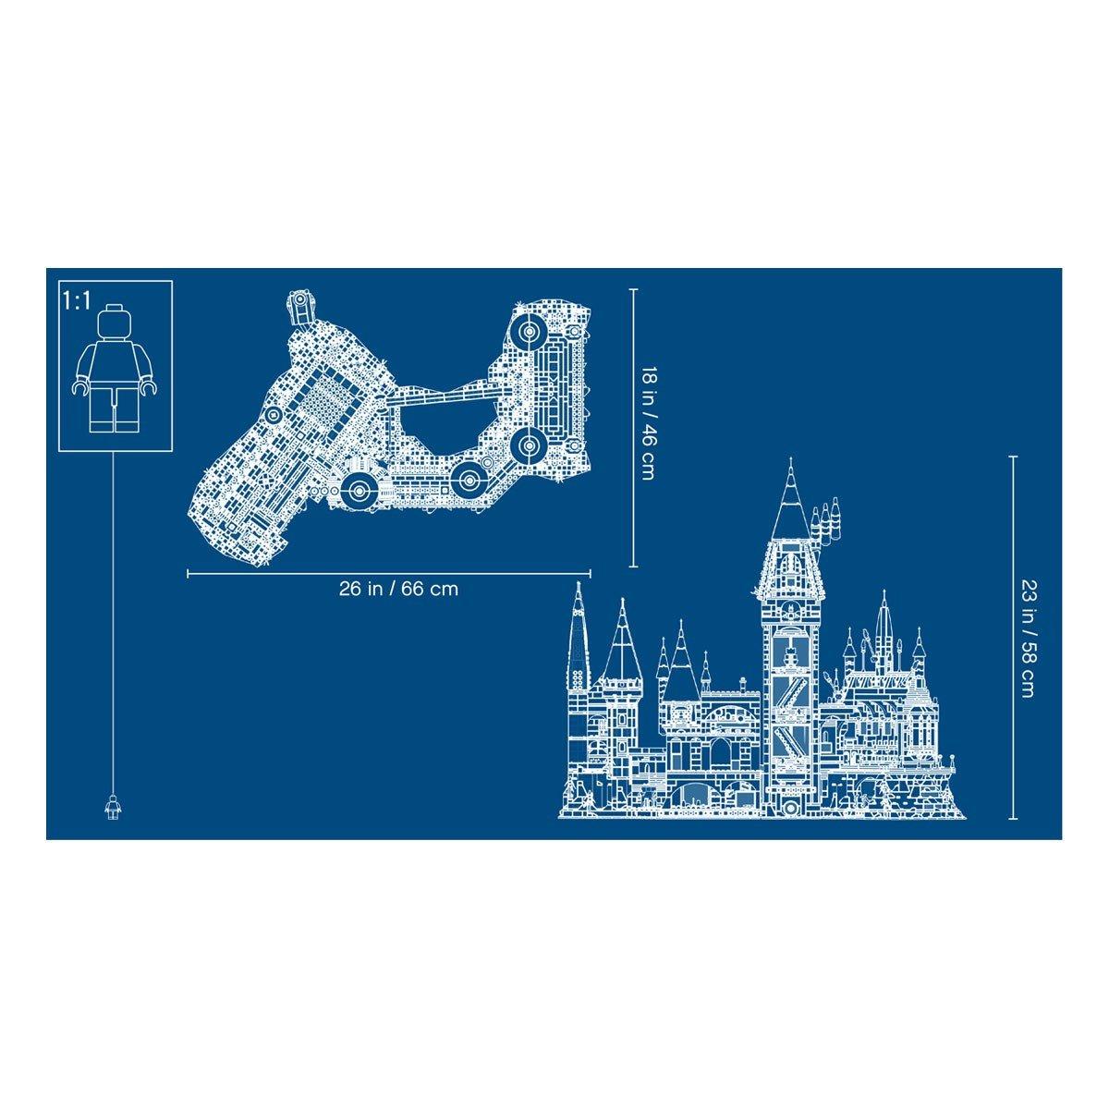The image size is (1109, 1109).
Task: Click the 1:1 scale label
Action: (77, 301)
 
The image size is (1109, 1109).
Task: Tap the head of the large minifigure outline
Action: (114, 325)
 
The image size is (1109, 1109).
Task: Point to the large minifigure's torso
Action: (114, 364)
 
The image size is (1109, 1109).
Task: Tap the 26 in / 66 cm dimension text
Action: (398, 588)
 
